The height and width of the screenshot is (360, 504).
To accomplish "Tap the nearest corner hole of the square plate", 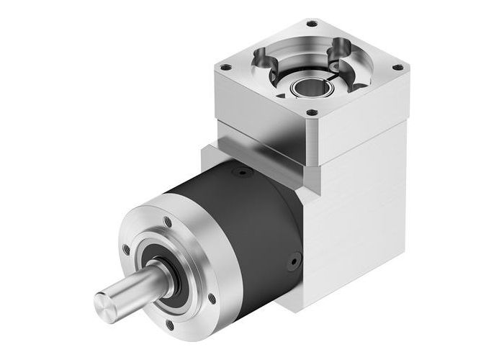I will [x=311, y=112].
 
